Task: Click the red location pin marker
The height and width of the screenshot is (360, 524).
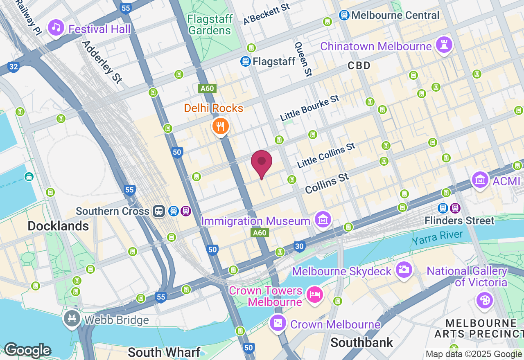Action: (x=262, y=162)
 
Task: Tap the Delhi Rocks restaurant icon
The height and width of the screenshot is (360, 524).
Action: (x=220, y=126)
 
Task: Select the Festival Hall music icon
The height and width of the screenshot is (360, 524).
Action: (x=56, y=27)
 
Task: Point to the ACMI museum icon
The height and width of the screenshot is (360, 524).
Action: (x=480, y=179)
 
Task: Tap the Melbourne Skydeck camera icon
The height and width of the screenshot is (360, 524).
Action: (x=404, y=269)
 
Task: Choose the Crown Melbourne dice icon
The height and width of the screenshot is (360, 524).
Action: (x=278, y=323)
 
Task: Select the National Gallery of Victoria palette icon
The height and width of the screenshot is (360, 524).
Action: (x=485, y=300)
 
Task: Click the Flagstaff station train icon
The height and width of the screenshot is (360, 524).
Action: (x=245, y=61)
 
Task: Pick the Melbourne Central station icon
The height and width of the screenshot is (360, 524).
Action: (x=344, y=15)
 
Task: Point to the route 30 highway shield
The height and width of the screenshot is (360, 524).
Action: (x=300, y=246)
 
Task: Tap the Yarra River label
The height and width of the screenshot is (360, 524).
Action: (x=437, y=237)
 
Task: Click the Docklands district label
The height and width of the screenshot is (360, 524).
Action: (x=58, y=226)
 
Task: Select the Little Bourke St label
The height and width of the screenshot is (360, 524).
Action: (x=310, y=108)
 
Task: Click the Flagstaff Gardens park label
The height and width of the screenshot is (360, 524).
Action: (x=210, y=25)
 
